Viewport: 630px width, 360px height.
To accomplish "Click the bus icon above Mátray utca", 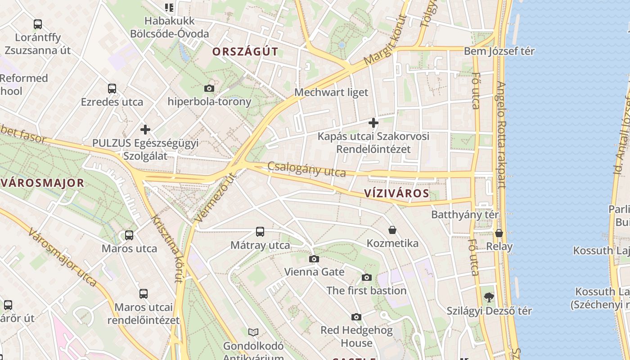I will click(260, 232).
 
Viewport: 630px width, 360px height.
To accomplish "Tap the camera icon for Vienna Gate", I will click(314, 259).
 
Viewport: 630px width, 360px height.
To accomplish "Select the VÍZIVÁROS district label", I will click(396, 193).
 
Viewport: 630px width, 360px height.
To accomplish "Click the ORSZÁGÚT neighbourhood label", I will click(245, 51).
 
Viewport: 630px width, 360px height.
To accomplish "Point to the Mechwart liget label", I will click(331, 92).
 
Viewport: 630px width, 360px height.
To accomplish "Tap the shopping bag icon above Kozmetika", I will click(392, 230).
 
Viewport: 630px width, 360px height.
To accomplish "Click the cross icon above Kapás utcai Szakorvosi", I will click(373, 122).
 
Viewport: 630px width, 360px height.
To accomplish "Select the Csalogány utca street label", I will click(307, 169).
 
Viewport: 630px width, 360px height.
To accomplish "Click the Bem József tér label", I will click(499, 51).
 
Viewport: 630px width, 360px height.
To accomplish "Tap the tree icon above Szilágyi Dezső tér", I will click(489, 297).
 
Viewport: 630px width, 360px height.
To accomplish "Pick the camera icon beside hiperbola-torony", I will click(209, 88).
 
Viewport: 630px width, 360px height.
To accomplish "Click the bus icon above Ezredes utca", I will click(112, 89).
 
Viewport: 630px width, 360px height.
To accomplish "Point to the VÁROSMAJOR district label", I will click(43, 183).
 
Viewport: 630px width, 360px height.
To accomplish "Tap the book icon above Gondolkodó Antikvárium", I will click(253, 332).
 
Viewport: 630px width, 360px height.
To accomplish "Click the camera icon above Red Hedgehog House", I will click(356, 317).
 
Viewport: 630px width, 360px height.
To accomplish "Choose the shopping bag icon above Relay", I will click(499, 233).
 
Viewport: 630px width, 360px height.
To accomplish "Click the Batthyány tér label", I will click(465, 215).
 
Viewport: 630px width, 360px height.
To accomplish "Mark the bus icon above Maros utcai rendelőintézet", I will click(143, 294).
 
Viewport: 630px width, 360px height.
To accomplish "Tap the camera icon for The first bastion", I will click(367, 277).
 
